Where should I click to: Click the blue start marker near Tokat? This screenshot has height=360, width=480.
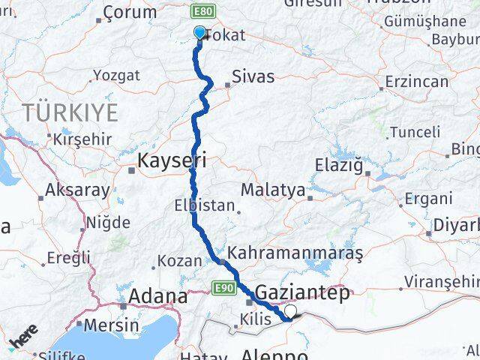click(199, 32)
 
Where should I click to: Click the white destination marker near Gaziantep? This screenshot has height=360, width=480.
click(290, 310)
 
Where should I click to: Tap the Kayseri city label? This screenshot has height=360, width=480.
click(172, 160)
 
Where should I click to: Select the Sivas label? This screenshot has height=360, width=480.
click(253, 76)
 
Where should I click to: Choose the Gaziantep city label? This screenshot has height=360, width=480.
click(302, 292)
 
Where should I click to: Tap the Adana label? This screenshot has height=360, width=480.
click(158, 296)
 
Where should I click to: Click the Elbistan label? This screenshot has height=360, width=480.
click(204, 205)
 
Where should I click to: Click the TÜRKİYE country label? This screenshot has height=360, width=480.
click(70, 113)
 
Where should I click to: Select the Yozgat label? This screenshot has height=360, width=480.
click(115, 75)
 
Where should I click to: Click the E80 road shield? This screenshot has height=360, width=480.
click(202, 12)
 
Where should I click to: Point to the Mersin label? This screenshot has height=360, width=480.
click(112, 325)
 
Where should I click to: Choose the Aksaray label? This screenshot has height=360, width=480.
click(77, 190)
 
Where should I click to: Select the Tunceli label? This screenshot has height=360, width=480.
click(415, 132)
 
